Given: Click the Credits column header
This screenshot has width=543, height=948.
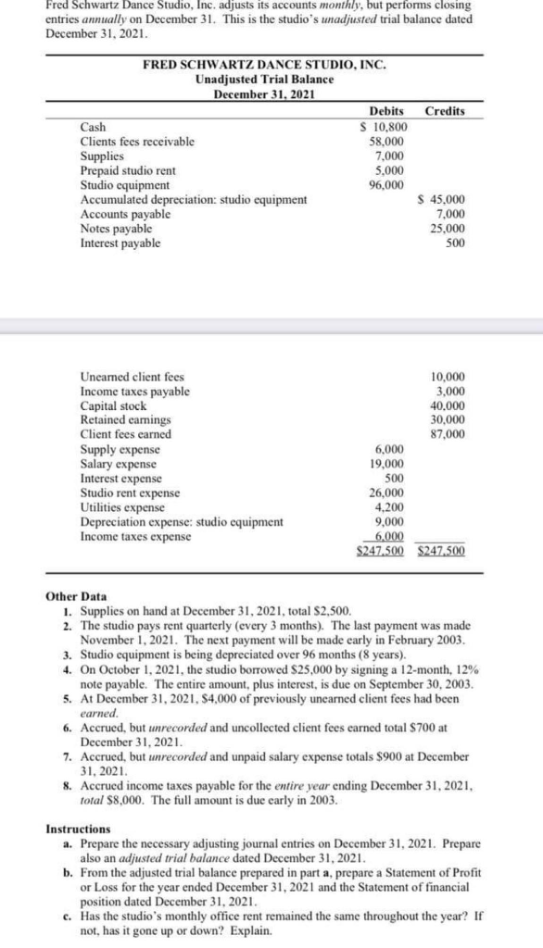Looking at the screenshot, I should (444, 111).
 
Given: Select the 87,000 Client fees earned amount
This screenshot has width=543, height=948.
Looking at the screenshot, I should (448, 433).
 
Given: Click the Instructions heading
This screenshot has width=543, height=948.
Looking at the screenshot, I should (80, 829).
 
